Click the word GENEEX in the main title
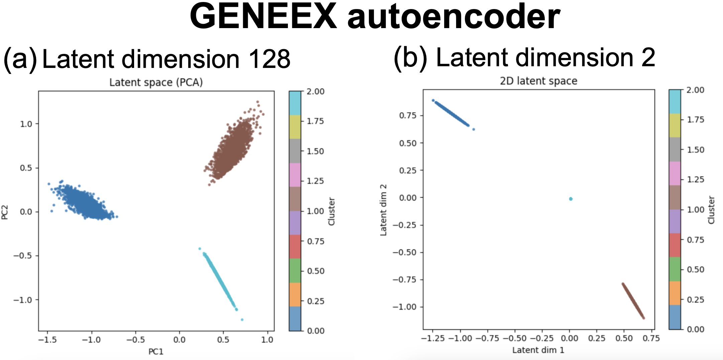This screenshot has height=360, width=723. pyautogui.click(x=264, y=17)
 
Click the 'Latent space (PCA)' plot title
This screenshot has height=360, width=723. pyautogui.click(x=156, y=82)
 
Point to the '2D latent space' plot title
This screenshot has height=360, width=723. pyautogui.click(x=538, y=81)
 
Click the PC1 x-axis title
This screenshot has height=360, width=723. pyautogui.click(x=156, y=352)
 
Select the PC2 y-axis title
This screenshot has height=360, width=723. pyautogui.click(x=5, y=212)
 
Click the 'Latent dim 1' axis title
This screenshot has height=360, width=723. pyautogui.click(x=538, y=350)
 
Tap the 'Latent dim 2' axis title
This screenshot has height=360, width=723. pyautogui.click(x=383, y=210)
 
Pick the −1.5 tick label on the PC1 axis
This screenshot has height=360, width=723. pyautogui.click(x=47, y=340)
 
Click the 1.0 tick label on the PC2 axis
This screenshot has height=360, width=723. pyautogui.click(x=26, y=124)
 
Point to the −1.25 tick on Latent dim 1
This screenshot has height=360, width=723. pyautogui.click(x=433, y=339)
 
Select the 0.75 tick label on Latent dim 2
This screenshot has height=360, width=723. pyautogui.click(x=408, y=115)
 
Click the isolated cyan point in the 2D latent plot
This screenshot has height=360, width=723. pyautogui.click(x=571, y=199)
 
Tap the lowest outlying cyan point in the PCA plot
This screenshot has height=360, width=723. pyautogui.click(x=242, y=320)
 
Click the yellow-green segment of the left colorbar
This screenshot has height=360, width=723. pyautogui.click(x=295, y=127)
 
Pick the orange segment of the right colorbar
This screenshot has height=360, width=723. pyautogui.click(x=675, y=293)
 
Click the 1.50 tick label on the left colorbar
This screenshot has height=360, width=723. pyautogui.click(x=315, y=151)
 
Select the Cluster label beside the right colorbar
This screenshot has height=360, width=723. pyautogui.click(x=711, y=210)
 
